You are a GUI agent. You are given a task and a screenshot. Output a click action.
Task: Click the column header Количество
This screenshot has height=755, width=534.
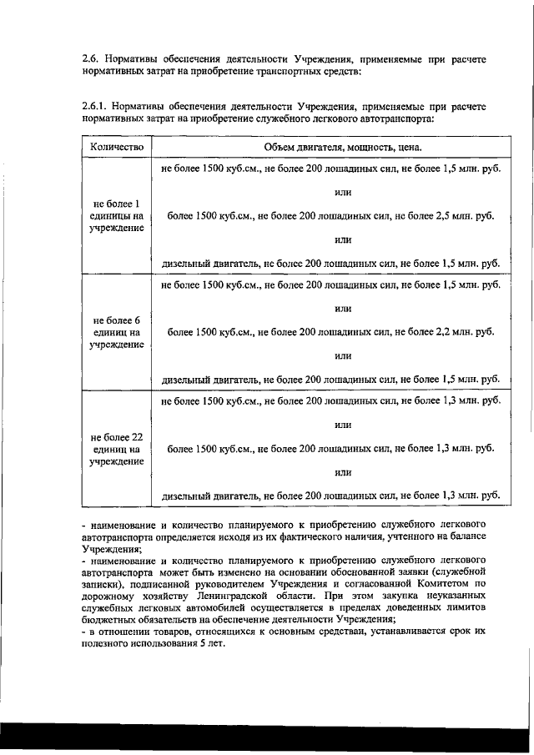point(117,148)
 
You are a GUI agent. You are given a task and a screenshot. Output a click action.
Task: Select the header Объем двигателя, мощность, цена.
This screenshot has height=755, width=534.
point(331,148)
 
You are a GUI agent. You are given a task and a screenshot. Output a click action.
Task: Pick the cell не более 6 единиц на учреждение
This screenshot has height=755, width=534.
point(117,331)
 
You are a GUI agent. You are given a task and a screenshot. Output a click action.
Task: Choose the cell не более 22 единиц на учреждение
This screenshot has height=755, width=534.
point(117,448)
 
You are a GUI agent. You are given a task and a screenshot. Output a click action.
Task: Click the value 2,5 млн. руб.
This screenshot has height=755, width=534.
point(461,215)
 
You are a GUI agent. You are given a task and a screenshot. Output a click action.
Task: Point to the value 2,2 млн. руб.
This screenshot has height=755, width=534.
point(461,331)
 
